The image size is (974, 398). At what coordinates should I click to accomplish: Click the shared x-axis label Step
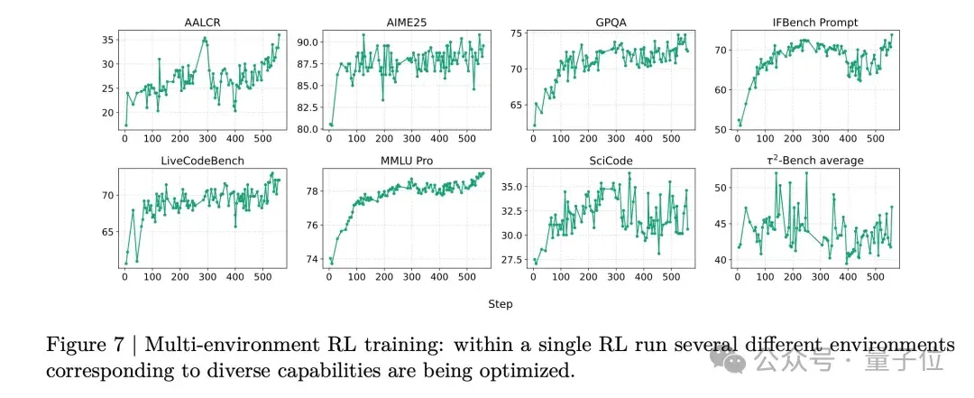point(500,305)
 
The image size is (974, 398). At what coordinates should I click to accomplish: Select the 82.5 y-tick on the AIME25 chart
point(308,107)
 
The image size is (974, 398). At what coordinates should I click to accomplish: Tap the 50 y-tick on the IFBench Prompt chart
point(720,129)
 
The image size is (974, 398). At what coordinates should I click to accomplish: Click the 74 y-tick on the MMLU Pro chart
point(313,259)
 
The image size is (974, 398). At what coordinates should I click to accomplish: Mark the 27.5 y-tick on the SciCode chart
point(512,259)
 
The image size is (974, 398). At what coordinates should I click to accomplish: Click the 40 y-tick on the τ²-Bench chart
point(720,259)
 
